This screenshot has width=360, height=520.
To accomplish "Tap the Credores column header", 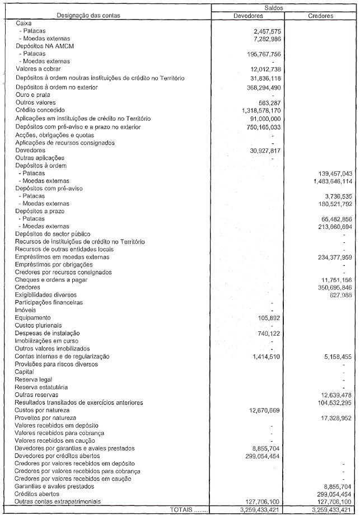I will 321,16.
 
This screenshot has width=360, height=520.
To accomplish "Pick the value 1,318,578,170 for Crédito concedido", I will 259,111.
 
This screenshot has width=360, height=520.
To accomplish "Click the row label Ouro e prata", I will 34,95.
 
